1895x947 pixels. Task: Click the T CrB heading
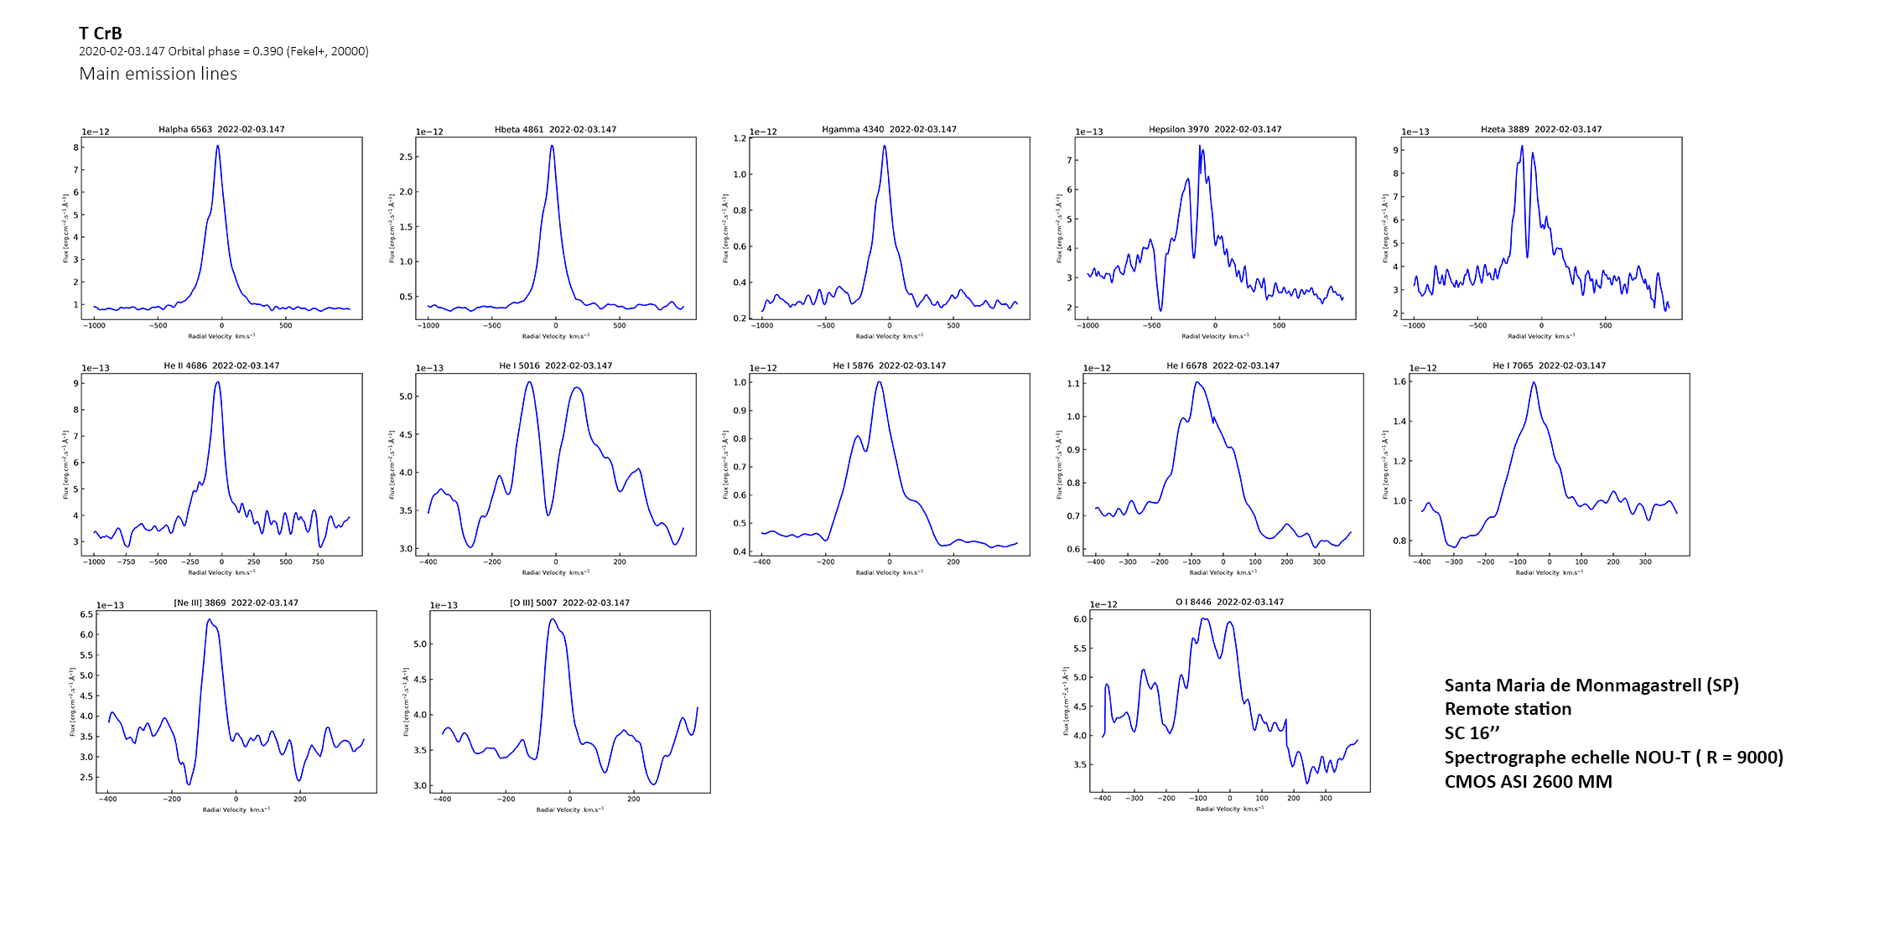click(x=101, y=34)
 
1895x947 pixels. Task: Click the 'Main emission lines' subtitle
click(x=158, y=74)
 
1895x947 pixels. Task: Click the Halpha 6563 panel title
click(x=221, y=129)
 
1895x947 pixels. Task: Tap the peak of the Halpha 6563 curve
click(x=218, y=146)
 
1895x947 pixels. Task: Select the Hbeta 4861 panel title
click(x=555, y=129)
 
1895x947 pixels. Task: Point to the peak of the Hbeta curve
click(x=552, y=146)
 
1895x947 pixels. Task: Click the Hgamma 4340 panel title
click(x=889, y=129)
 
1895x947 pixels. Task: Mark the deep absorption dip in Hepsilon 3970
click(x=1160, y=310)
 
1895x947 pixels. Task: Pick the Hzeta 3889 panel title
click(x=1541, y=129)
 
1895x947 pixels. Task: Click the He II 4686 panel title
click(x=221, y=365)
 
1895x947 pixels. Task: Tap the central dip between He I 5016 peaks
click(x=548, y=515)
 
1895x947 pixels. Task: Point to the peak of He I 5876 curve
click(x=879, y=382)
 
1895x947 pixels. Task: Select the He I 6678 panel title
click(x=1223, y=365)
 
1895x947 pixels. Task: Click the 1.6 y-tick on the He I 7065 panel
click(x=1399, y=381)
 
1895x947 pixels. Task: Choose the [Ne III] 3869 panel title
click(x=236, y=603)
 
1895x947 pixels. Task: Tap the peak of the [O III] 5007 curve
click(x=552, y=619)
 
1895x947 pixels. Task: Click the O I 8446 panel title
click(x=1229, y=602)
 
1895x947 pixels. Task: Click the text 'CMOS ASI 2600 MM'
click(x=1528, y=782)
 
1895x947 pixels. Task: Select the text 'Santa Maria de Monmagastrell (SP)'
click(x=1591, y=686)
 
